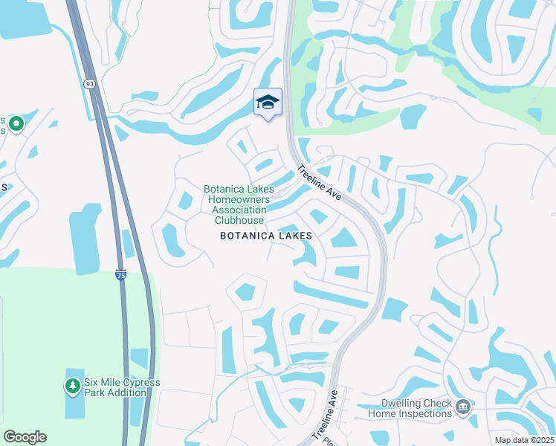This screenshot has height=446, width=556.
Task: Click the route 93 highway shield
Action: pyautogui.click(x=89, y=84)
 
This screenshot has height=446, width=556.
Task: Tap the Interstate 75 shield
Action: pyautogui.click(x=120, y=275)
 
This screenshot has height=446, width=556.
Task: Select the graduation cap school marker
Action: pyautogui.click(x=268, y=103)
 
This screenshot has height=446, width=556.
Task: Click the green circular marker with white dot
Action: pyautogui.click(x=16, y=124)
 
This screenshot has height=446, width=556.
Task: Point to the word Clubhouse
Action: pyautogui.click(x=239, y=220)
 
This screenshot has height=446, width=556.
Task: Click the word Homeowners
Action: pyautogui.click(x=239, y=200)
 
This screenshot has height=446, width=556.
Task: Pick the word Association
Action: pyautogui.click(x=239, y=210)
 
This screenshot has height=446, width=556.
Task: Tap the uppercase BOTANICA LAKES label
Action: pyautogui.click(x=265, y=236)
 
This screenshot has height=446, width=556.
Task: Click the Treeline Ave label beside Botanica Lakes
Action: pyautogui.click(x=319, y=182)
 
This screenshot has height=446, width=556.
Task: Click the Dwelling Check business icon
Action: pyautogui.click(x=462, y=407)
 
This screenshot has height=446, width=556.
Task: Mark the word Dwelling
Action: pyautogui.click(x=399, y=404)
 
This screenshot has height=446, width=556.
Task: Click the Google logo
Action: pyautogui.click(x=25, y=437)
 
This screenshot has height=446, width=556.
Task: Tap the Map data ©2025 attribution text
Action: pyautogui.click(x=524, y=440)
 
